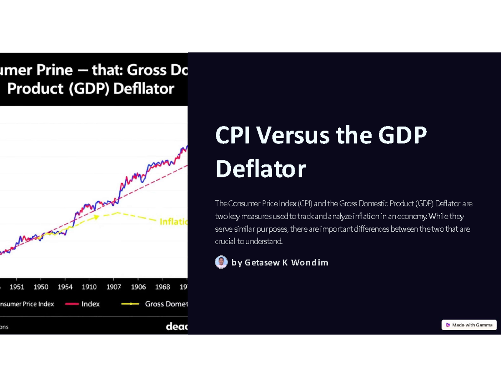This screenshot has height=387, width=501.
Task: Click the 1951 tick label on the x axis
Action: pos(17,287)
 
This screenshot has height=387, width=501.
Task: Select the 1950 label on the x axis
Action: pos(41,287)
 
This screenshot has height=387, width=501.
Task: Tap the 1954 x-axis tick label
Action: pos(65,287)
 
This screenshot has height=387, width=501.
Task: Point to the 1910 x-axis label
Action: pos(89,287)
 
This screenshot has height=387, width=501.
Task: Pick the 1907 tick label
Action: pos(114,287)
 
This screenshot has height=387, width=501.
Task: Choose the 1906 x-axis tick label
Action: pos(138,287)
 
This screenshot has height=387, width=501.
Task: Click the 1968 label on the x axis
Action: pos(162,287)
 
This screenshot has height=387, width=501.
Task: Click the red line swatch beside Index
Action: pos(72,304)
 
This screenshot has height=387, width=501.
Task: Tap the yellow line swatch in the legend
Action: pos(130,304)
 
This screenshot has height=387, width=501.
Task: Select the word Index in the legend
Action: pos(91,304)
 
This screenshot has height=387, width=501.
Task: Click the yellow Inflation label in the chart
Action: pos(173,222)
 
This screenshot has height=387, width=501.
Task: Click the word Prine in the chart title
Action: pos(54,70)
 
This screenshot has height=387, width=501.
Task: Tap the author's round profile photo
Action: pos(221,262)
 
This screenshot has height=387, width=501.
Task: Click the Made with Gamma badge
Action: pos(469,325)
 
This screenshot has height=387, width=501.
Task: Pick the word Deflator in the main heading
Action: pos(261,169)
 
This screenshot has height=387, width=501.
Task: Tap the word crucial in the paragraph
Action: pos(225,241)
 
